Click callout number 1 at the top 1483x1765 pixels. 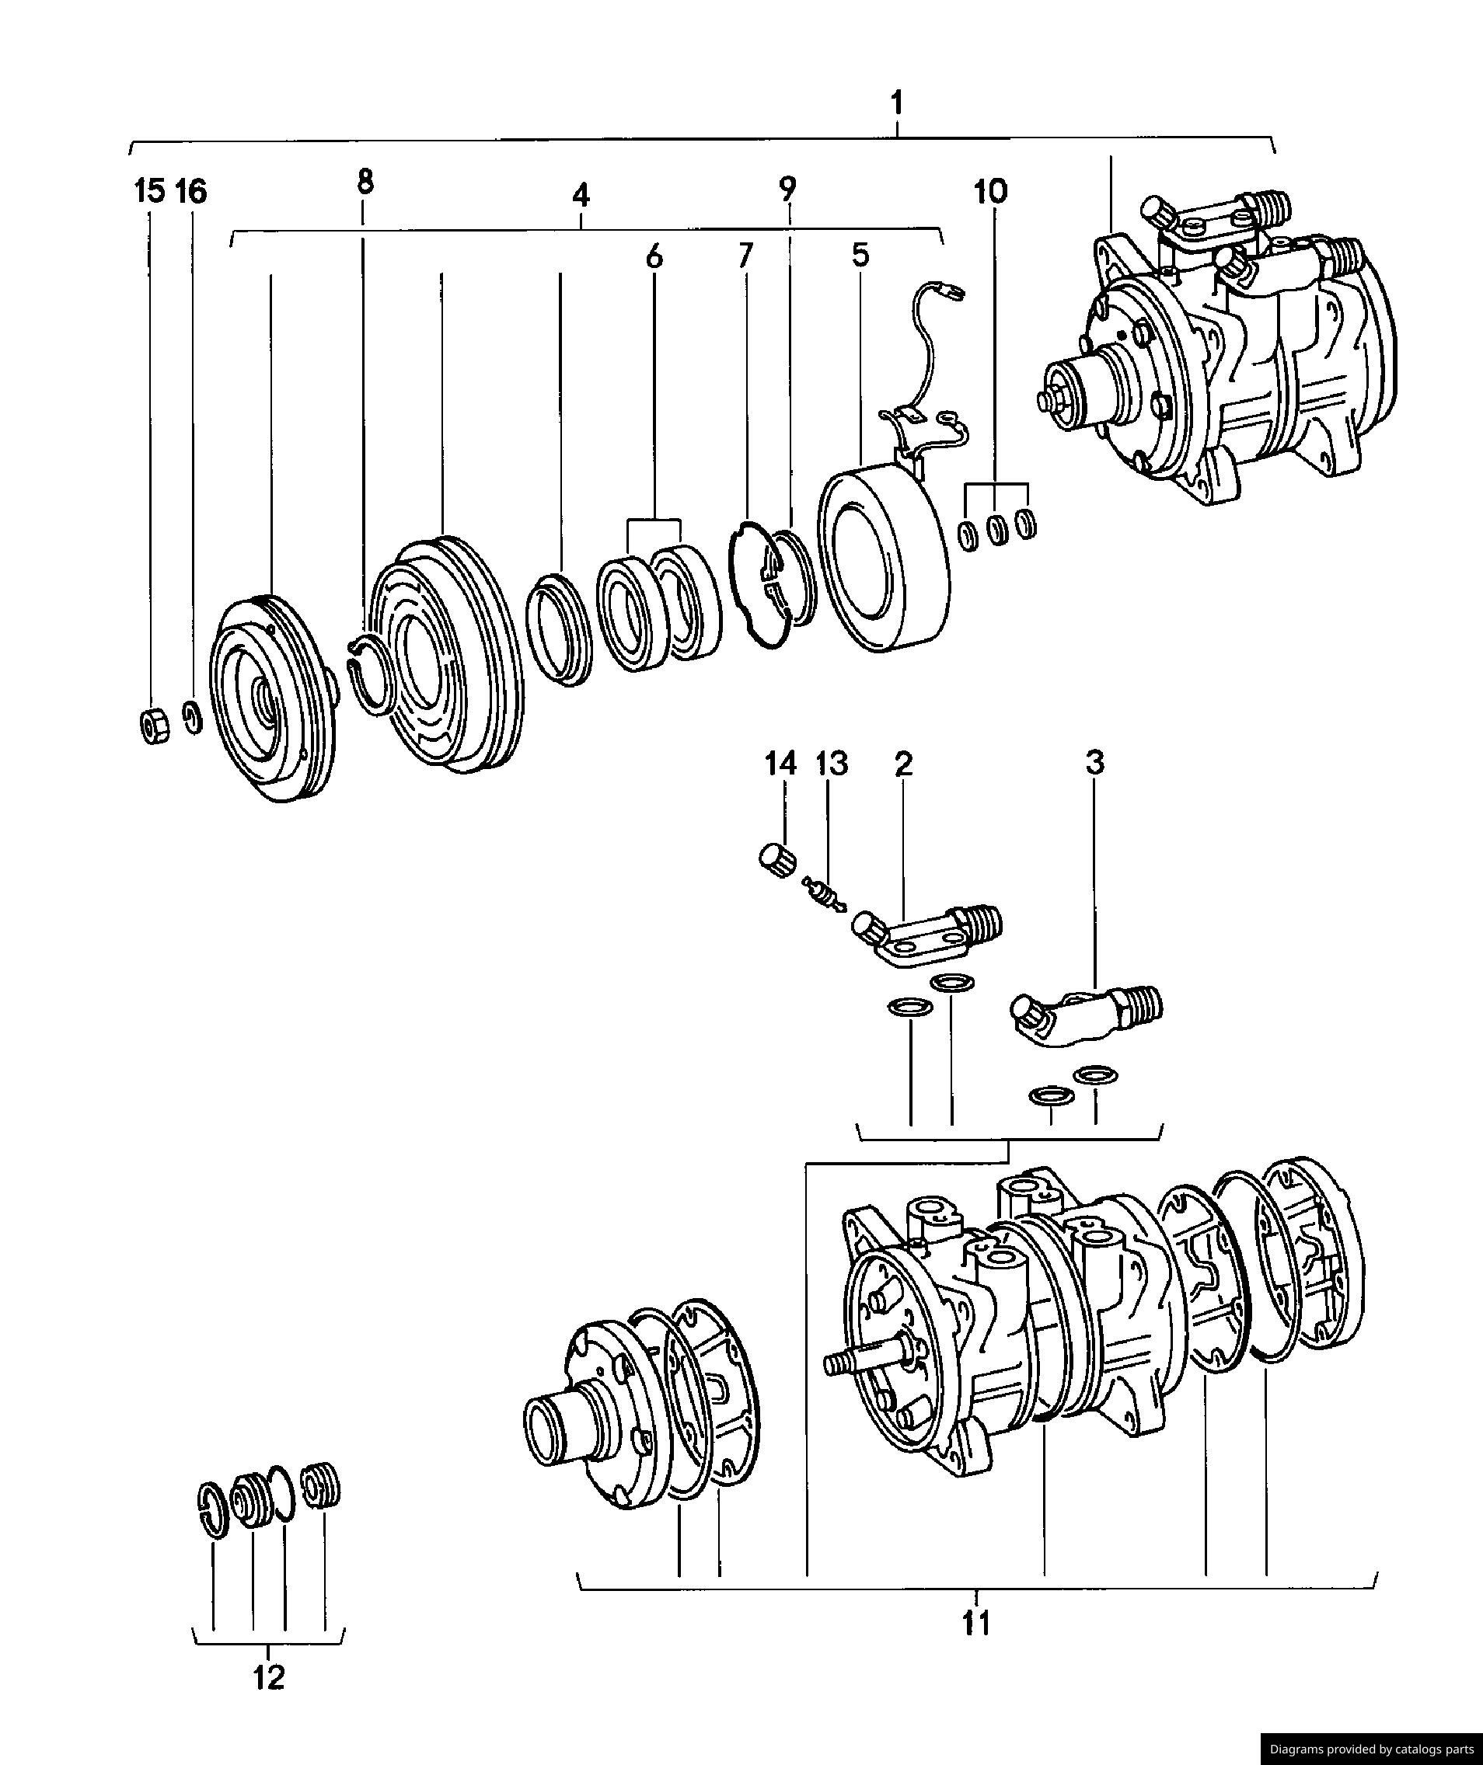[x=897, y=104]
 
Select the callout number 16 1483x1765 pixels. [x=191, y=192]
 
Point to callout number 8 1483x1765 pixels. [x=365, y=182]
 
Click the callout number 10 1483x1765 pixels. [x=990, y=192]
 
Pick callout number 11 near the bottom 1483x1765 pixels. [x=976, y=1623]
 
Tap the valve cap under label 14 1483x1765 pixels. [x=773, y=862]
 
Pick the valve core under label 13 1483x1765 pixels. [x=822, y=894]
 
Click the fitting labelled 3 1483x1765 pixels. [x=1084, y=1015]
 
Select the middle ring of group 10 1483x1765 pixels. [x=997, y=531]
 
